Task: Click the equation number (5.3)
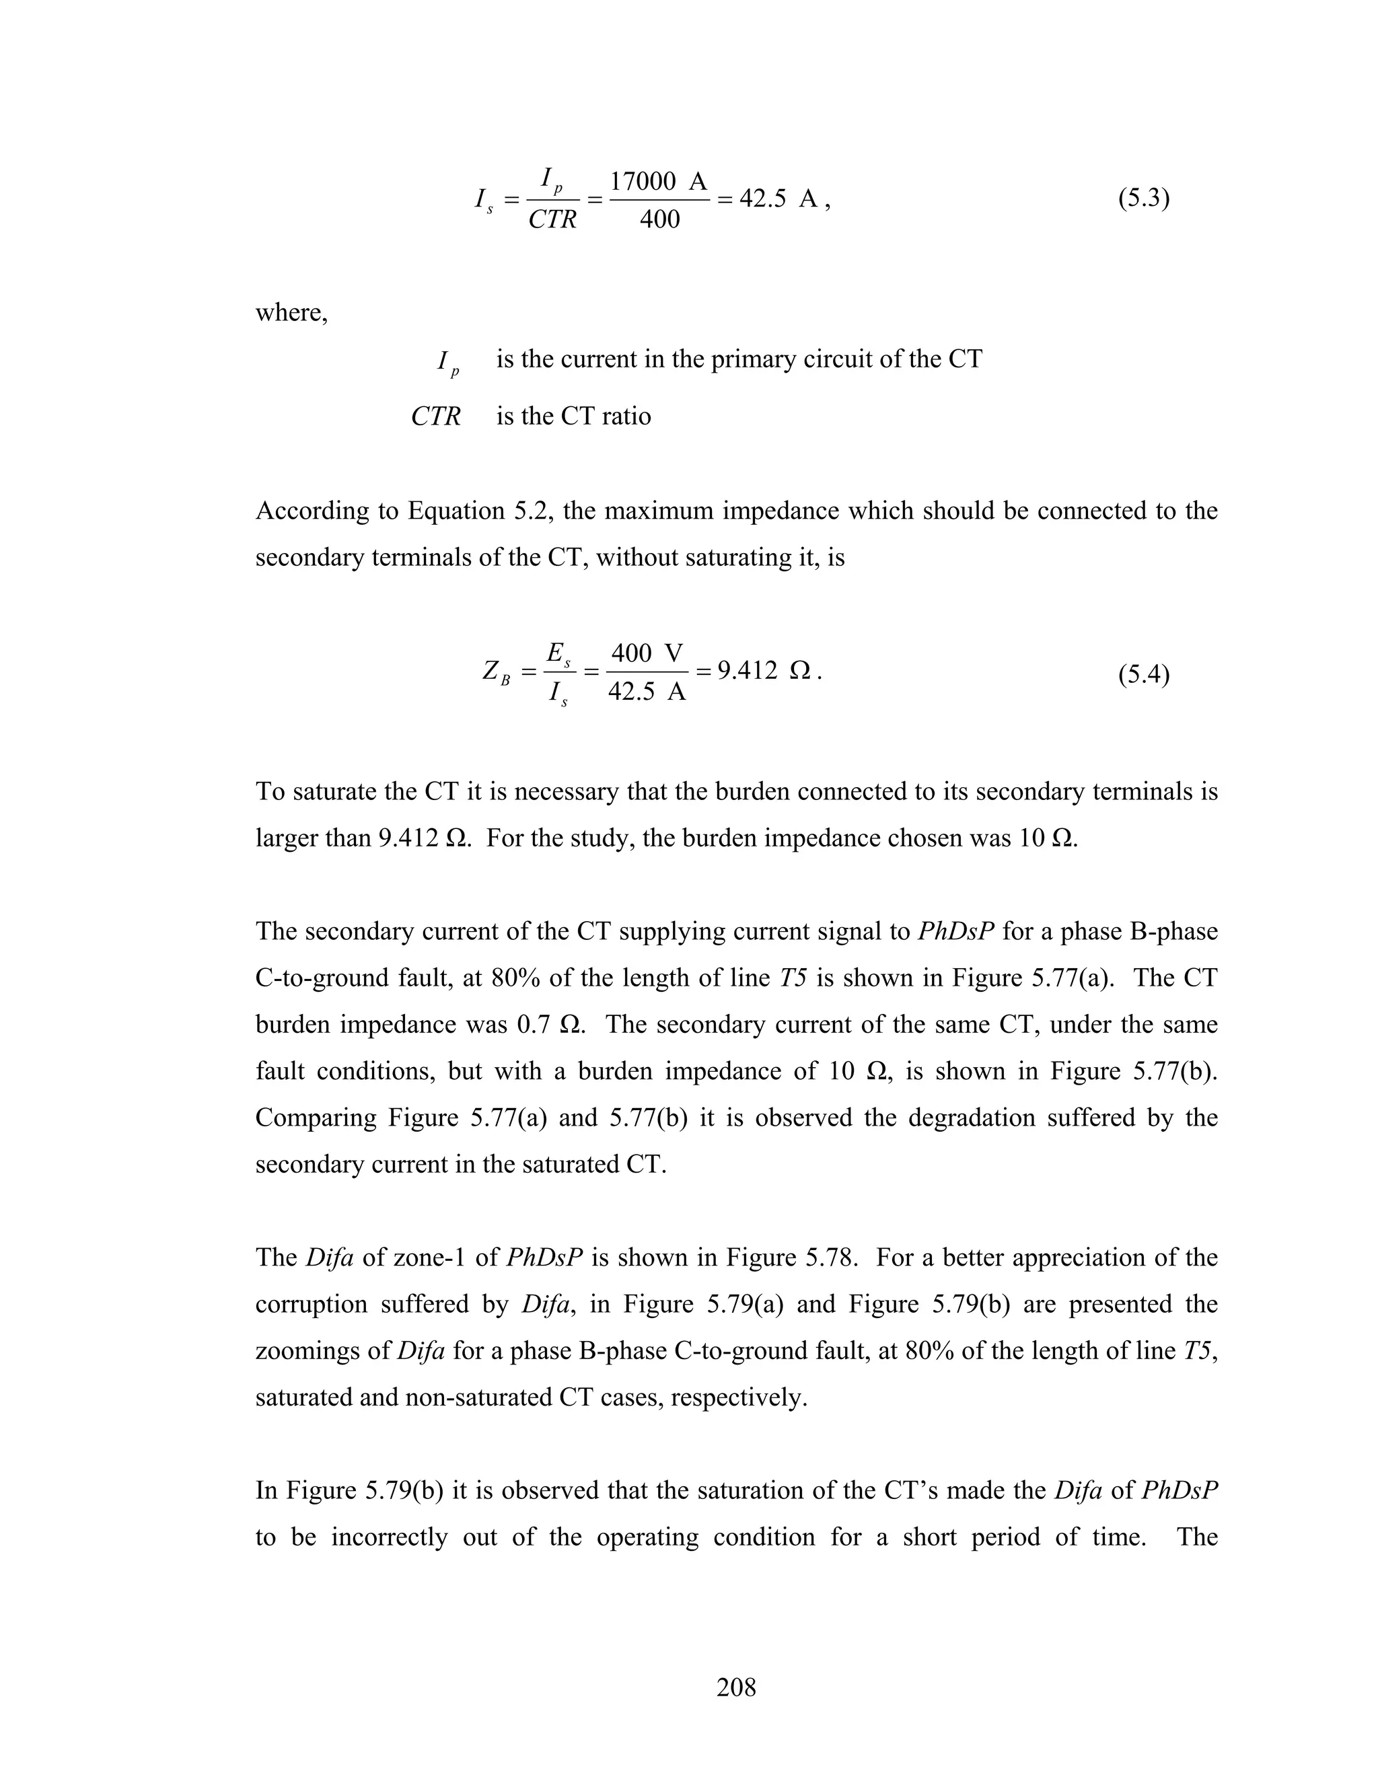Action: (1143, 198)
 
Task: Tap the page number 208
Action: (736, 1687)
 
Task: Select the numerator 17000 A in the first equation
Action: (658, 181)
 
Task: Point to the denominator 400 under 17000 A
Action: (659, 219)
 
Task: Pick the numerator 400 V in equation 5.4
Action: (647, 653)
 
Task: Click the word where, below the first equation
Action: (291, 313)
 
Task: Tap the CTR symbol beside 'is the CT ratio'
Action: (435, 416)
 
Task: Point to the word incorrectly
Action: (390, 1537)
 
